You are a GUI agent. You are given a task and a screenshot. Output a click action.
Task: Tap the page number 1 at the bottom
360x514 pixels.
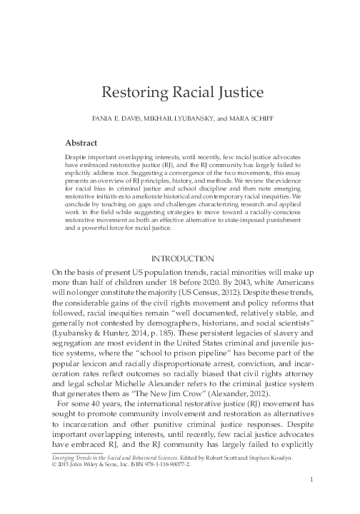click(x=311, y=499)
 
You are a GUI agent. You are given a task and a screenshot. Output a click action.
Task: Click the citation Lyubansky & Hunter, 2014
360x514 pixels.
click(x=91, y=334)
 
